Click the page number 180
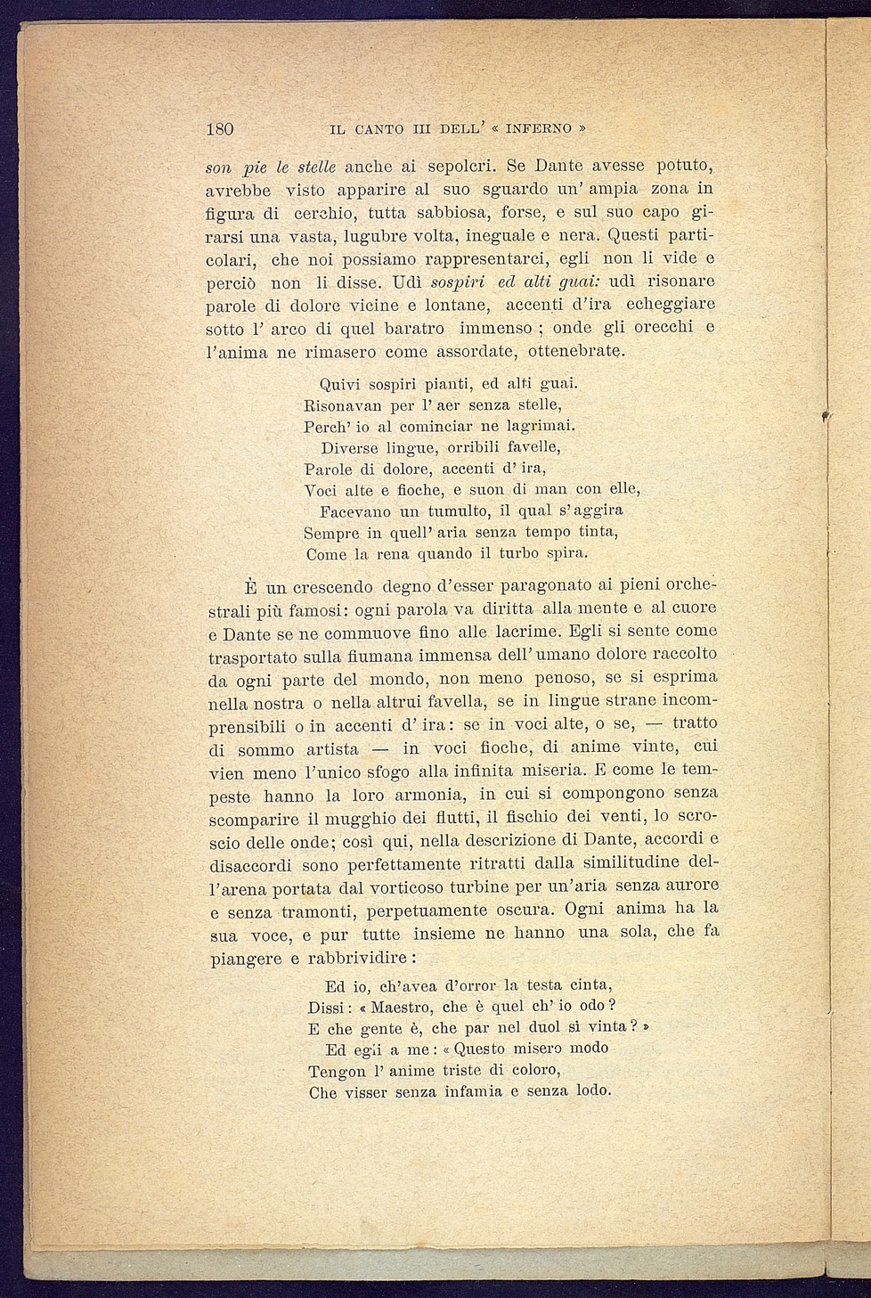point(219,129)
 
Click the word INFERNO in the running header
point(539,129)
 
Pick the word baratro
point(417,328)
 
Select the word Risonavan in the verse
point(342,405)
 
